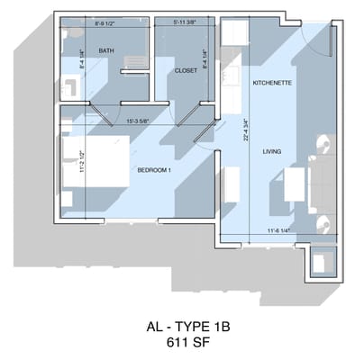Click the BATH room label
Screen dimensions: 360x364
pos(106,51)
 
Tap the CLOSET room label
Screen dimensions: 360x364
pos(186,69)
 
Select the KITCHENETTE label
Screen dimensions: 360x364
pos(270,83)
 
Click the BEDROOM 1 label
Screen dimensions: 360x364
pos(155,169)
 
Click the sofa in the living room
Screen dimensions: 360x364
pos(321,184)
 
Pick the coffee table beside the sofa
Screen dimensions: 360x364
pos(292,184)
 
